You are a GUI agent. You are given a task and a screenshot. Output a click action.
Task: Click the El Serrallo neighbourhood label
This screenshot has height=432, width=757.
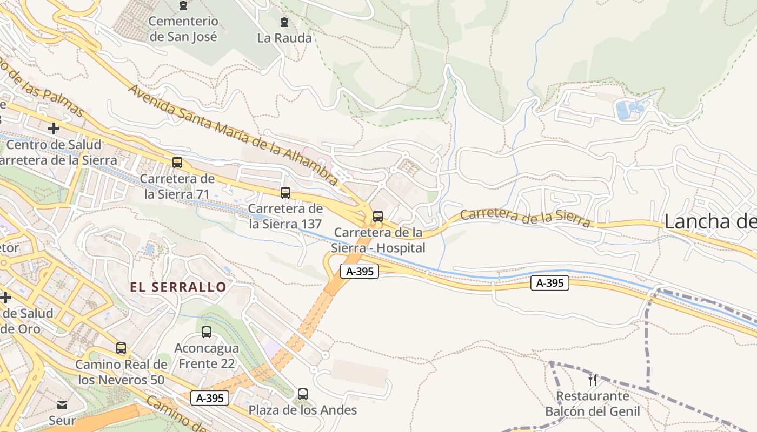(x=178, y=287)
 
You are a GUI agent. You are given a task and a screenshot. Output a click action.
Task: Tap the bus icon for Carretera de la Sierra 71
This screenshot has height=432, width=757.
(x=177, y=162)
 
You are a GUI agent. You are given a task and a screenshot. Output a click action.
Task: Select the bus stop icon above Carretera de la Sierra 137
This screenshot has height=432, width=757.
(x=285, y=192)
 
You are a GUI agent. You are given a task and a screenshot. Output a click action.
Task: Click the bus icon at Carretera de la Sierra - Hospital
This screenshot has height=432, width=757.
(x=378, y=217)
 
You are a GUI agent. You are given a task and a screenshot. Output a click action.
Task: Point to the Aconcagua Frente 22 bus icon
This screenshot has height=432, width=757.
(x=207, y=332)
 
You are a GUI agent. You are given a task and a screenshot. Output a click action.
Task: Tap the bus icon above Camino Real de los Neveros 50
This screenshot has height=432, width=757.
(x=121, y=348)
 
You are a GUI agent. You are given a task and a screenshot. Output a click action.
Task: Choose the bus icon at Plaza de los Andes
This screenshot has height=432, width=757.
(x=303, y=394)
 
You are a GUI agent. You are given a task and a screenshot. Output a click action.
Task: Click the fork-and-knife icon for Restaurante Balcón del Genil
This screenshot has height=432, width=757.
(x=593, y=380)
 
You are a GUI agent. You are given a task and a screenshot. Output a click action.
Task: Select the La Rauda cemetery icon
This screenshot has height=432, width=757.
(x=284, y=22)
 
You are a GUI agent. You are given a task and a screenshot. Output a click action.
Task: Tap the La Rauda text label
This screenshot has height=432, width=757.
(x=284, y=38)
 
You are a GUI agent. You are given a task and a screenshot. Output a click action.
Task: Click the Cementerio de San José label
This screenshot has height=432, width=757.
(x=183, y=29)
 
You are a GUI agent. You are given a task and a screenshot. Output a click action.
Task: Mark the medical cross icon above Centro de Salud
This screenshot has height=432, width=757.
(x=54, y=129)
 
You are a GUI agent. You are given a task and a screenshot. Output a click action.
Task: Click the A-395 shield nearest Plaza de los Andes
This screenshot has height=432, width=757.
(x=210, y=399)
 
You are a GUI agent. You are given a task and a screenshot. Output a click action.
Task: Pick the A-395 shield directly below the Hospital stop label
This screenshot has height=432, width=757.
(x=360, y=271)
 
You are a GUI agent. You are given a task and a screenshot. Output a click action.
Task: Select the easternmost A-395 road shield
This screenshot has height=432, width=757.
(x=550, y=282)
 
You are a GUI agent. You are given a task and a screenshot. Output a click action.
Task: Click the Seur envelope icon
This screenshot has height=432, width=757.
(x=62, y=404)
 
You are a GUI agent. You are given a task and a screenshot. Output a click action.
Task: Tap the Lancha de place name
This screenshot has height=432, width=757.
(x=709, y=221)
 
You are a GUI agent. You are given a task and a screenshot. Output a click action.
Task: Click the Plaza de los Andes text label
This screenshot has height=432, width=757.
(x=303, y=410)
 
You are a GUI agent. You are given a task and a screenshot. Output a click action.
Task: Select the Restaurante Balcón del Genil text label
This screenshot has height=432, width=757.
(x=593, y=403)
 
